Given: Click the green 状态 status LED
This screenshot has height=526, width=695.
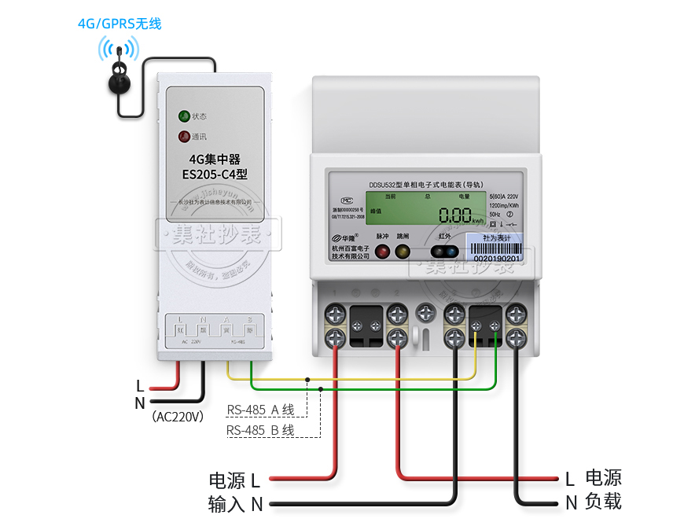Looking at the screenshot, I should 184,116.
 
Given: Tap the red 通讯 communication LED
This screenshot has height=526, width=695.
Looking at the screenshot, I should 184,137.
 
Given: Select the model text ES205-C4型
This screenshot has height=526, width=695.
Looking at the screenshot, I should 215,175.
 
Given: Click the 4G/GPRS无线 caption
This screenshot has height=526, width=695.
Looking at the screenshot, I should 120,24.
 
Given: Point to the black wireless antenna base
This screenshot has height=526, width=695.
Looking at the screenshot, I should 120,80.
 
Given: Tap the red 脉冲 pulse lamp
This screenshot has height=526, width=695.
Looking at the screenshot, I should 382,252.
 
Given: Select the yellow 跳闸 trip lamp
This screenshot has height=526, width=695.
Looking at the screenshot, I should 403,252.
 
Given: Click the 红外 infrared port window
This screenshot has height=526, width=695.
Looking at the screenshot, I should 444,252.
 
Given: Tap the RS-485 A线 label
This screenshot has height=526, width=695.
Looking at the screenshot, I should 260,410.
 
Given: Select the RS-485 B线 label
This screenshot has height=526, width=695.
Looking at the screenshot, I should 260,430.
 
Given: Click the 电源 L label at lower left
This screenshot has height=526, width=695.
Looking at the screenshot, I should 234,480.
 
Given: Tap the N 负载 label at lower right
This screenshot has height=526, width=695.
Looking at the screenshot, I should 594,502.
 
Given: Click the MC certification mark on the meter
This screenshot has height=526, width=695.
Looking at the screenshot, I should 336,199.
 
